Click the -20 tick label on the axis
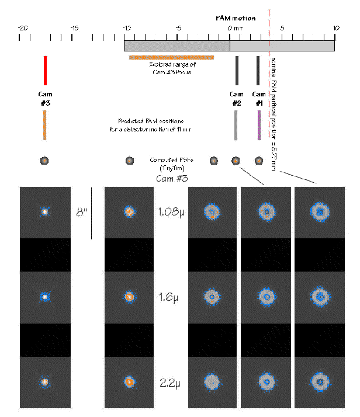coord(23,27)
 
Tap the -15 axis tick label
coord(74,27)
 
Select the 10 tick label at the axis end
coord(335,27)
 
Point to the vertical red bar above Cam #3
coord(45,69)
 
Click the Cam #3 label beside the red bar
coord(44,98)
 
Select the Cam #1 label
coord(258,98)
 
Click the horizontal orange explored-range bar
coord(171,57)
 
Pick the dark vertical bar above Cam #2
coord(237,69)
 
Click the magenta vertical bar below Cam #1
coord(259,125)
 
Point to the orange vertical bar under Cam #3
coord(44,125)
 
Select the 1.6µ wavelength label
coord(171,298)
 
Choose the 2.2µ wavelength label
coord(171,384)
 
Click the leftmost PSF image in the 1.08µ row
coord(44,212)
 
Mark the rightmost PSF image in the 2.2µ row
coord(320,383)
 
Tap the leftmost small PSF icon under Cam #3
coord(44,161)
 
